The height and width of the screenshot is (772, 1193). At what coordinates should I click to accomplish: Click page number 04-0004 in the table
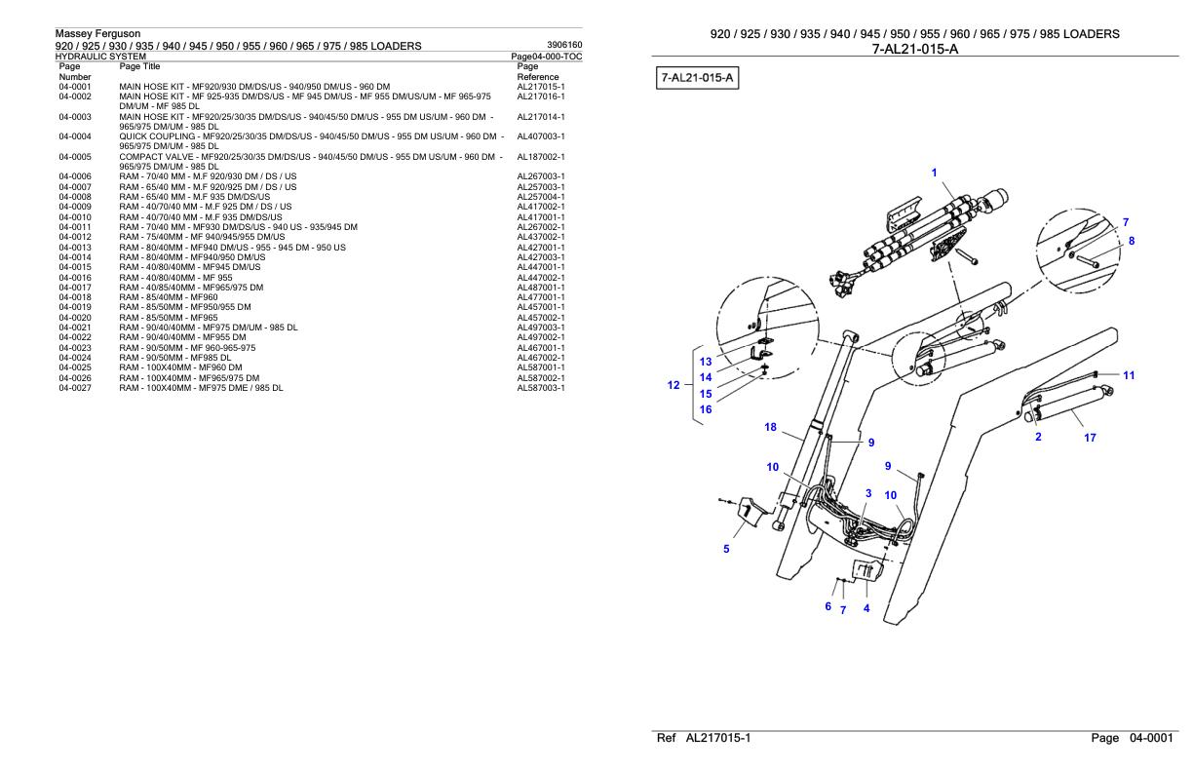tap(74, 136)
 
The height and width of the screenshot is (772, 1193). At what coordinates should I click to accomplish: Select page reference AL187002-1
tap(541, 157)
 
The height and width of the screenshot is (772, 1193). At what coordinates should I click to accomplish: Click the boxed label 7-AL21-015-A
tap(697, 77)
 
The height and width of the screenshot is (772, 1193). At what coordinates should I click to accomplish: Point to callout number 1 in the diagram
tap(934, 174)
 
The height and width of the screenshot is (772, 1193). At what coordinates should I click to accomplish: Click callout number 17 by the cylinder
tap(1090, 438)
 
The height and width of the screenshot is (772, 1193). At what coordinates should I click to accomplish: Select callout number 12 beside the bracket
tap(673, 385)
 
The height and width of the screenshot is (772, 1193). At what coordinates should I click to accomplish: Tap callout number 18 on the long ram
tap(770, 427)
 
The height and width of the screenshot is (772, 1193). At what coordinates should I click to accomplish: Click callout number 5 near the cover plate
tap(726, 549)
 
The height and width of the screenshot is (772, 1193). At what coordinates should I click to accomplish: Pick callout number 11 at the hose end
tap(1129, 375)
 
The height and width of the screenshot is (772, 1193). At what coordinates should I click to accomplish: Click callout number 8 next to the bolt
tap(1132, 241)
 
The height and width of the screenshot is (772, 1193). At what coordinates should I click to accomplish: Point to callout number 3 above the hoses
tap(868, 493)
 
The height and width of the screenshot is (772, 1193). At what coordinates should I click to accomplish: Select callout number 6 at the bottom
tap(828, 606)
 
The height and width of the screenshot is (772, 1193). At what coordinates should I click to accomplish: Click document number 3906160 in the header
tap(564, 45)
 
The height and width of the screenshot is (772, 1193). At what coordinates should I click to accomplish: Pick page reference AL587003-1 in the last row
tap(541, 388)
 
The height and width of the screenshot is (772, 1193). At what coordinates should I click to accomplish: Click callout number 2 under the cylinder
tap(1038, 437)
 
